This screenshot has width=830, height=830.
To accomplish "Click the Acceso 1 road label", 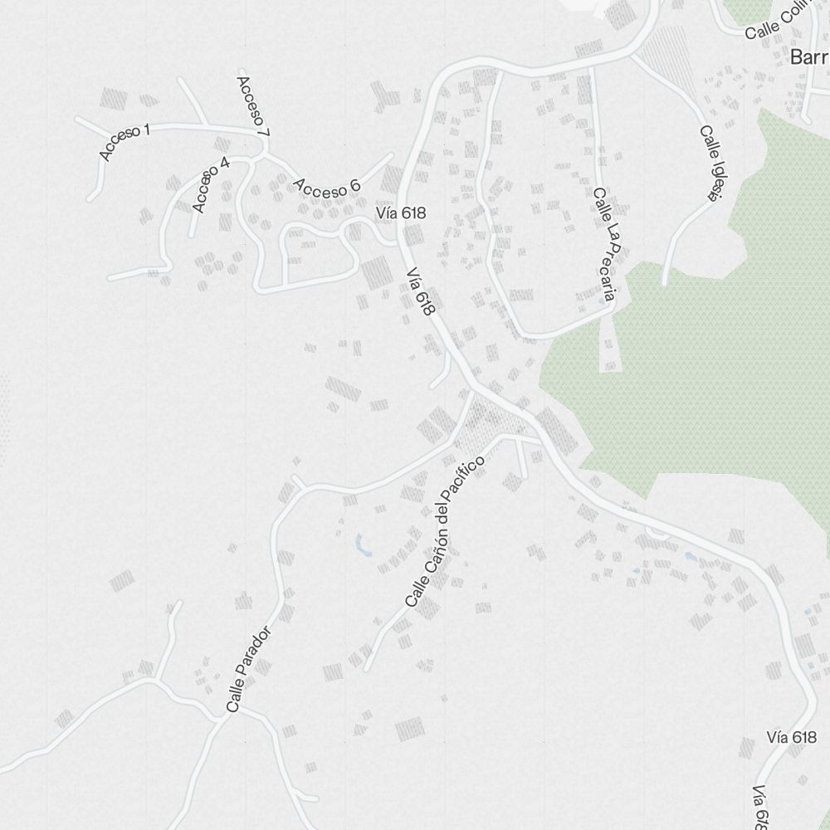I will [124, 141].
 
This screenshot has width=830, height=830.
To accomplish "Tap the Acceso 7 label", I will [253, 106].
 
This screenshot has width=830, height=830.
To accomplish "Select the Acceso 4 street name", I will [210, 184].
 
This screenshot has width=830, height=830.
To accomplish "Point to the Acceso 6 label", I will [325, 188].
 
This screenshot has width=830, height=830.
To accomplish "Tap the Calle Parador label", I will [248, 669].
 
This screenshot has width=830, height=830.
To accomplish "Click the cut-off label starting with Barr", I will [809, 58].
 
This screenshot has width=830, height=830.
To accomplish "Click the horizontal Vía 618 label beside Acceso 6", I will [400, 213].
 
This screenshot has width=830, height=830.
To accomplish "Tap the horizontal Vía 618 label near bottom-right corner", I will [792, 738].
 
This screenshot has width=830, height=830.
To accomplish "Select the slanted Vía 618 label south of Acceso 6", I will [421, 291].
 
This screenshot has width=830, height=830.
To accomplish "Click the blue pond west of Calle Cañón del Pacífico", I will [361, 544].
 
